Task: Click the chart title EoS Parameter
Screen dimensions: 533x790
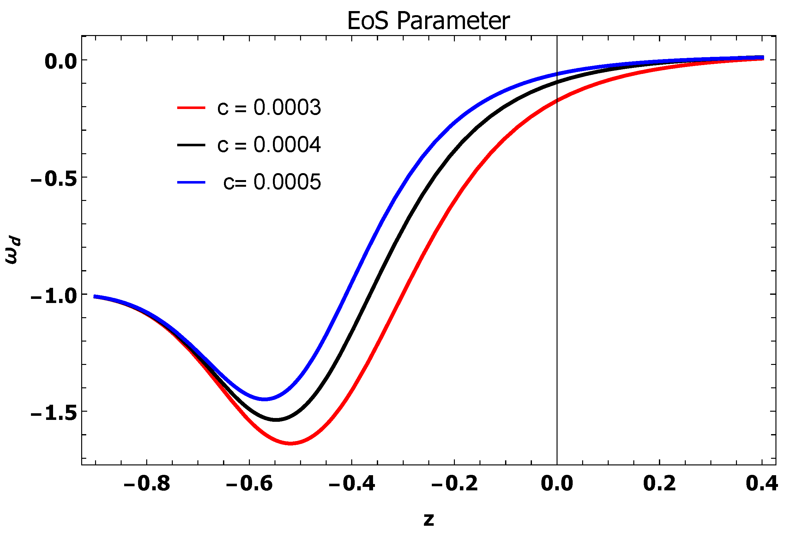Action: click(x=428, y=21)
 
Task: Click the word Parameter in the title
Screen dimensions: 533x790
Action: click(x=453, y=21)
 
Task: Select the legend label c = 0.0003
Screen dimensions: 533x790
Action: click(x=269, y=108)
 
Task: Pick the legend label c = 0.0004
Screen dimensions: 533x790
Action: click(x=269, y=145)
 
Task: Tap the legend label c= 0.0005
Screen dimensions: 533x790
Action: click(x=272, y=182)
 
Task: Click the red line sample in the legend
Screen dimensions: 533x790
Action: click(x=191, y=108)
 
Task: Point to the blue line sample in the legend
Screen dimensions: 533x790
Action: click(x=191, y=182)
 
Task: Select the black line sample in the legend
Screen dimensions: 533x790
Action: click(x=191, y=145)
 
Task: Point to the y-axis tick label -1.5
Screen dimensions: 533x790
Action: click(x=54, y=413)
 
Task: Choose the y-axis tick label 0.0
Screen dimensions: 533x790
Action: click(x=60, y=62)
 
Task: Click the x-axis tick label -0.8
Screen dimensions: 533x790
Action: click(x=147, y=483)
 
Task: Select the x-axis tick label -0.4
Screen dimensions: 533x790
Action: click(x=351, y=483)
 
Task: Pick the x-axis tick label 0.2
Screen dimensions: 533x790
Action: click(x=659, y=483)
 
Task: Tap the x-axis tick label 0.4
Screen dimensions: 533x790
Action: click(x=762, y=483)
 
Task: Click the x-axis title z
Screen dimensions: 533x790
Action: click(x=428, y=519)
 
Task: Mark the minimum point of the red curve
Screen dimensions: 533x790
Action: click(x=291, y=443)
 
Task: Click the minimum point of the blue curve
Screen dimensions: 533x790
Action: click(x=264, y=399)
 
